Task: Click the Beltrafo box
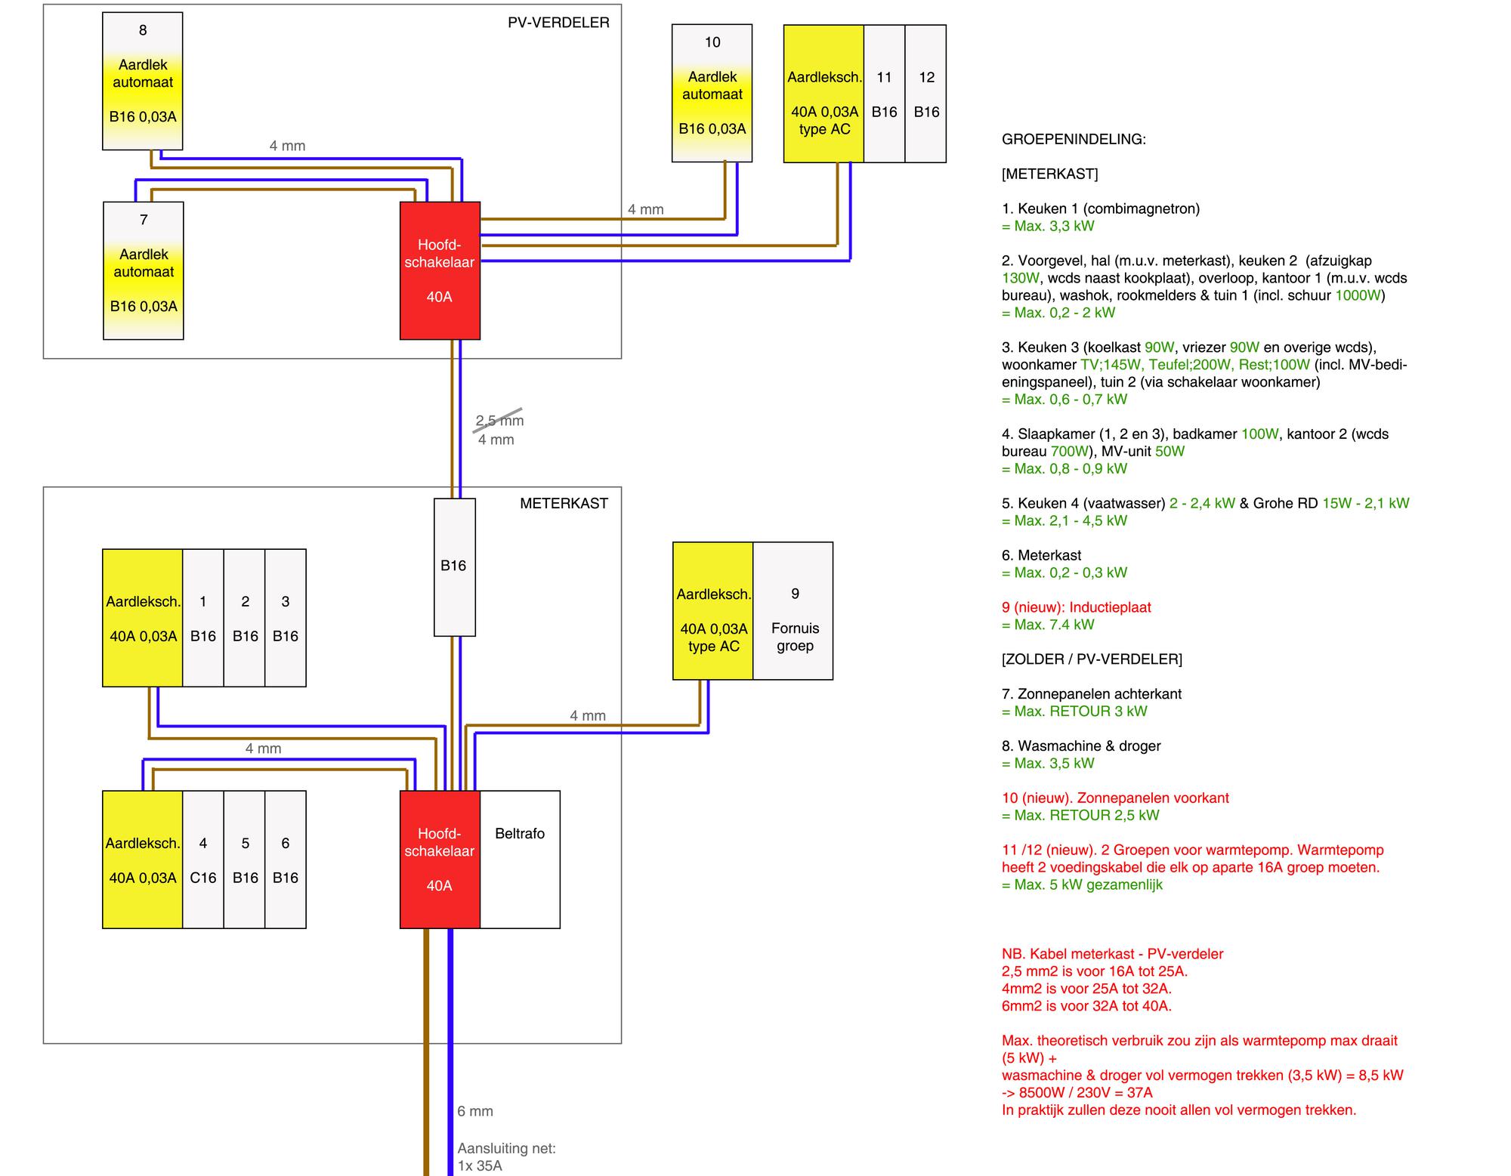520,860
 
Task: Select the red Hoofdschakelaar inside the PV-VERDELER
440,270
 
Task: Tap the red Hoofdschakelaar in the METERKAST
440,860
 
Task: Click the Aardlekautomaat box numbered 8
143,81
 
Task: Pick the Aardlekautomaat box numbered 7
144,270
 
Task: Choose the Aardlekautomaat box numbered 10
712,93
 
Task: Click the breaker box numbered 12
926,94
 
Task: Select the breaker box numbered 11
885,94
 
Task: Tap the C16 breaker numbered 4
203,860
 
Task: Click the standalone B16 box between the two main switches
455,567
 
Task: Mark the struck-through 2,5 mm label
499,421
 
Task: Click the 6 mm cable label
475,1111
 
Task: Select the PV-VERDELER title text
558,23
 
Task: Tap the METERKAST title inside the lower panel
564,503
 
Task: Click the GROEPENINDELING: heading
1074,139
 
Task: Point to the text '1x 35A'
480,1165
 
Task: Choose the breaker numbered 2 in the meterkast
245,618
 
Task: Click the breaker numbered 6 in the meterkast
286,860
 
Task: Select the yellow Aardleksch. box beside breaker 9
713,611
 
